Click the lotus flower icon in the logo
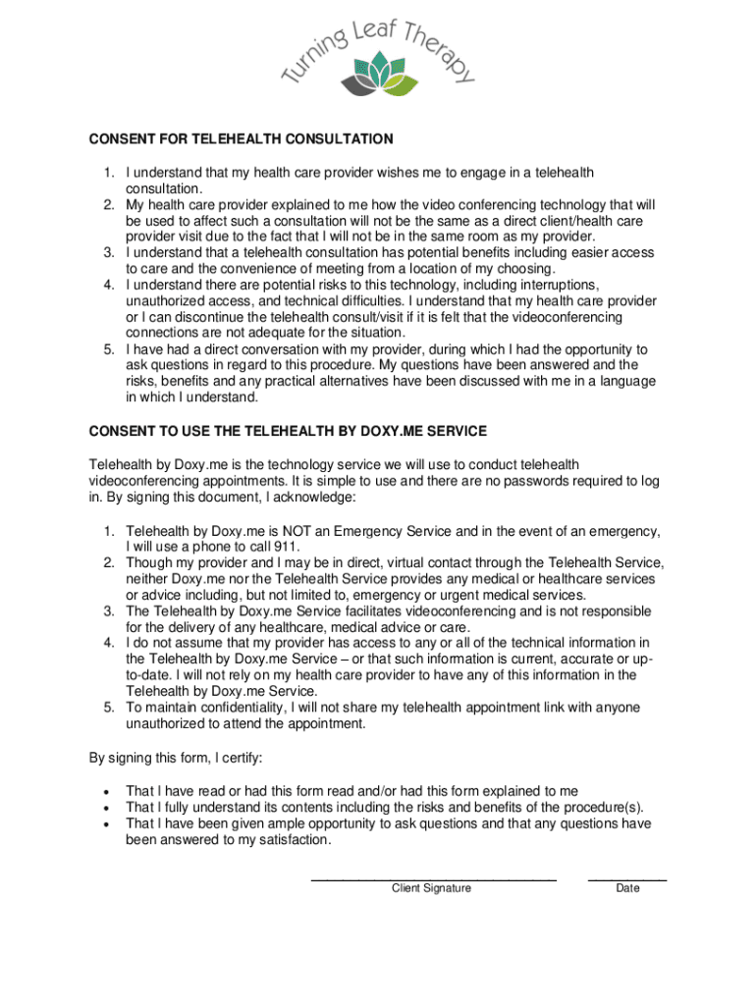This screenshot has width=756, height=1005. [x=378, y=72]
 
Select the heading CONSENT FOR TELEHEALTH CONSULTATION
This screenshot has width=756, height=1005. [x=241, y=139]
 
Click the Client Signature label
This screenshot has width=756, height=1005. [x=431, y=888]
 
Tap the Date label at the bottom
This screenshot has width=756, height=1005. [x=627, y=888]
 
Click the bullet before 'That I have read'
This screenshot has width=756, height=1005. [x=105, y=792]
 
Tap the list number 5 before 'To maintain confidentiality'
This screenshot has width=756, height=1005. [x=110, y=708]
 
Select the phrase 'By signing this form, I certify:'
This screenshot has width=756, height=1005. [x=176, y=758]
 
